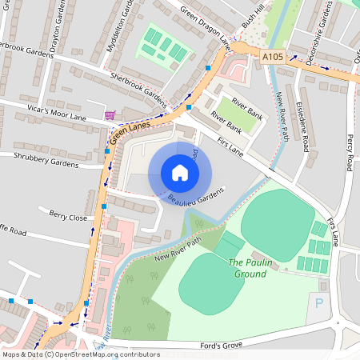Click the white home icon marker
pos(180,173)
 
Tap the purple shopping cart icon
pos(110,115)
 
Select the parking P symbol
pos(320,304)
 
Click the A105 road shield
pos(273,57)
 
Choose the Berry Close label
pos(68,216)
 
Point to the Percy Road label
pos(349,152)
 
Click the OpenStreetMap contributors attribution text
pos(80,354)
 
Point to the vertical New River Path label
pos(281,117)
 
